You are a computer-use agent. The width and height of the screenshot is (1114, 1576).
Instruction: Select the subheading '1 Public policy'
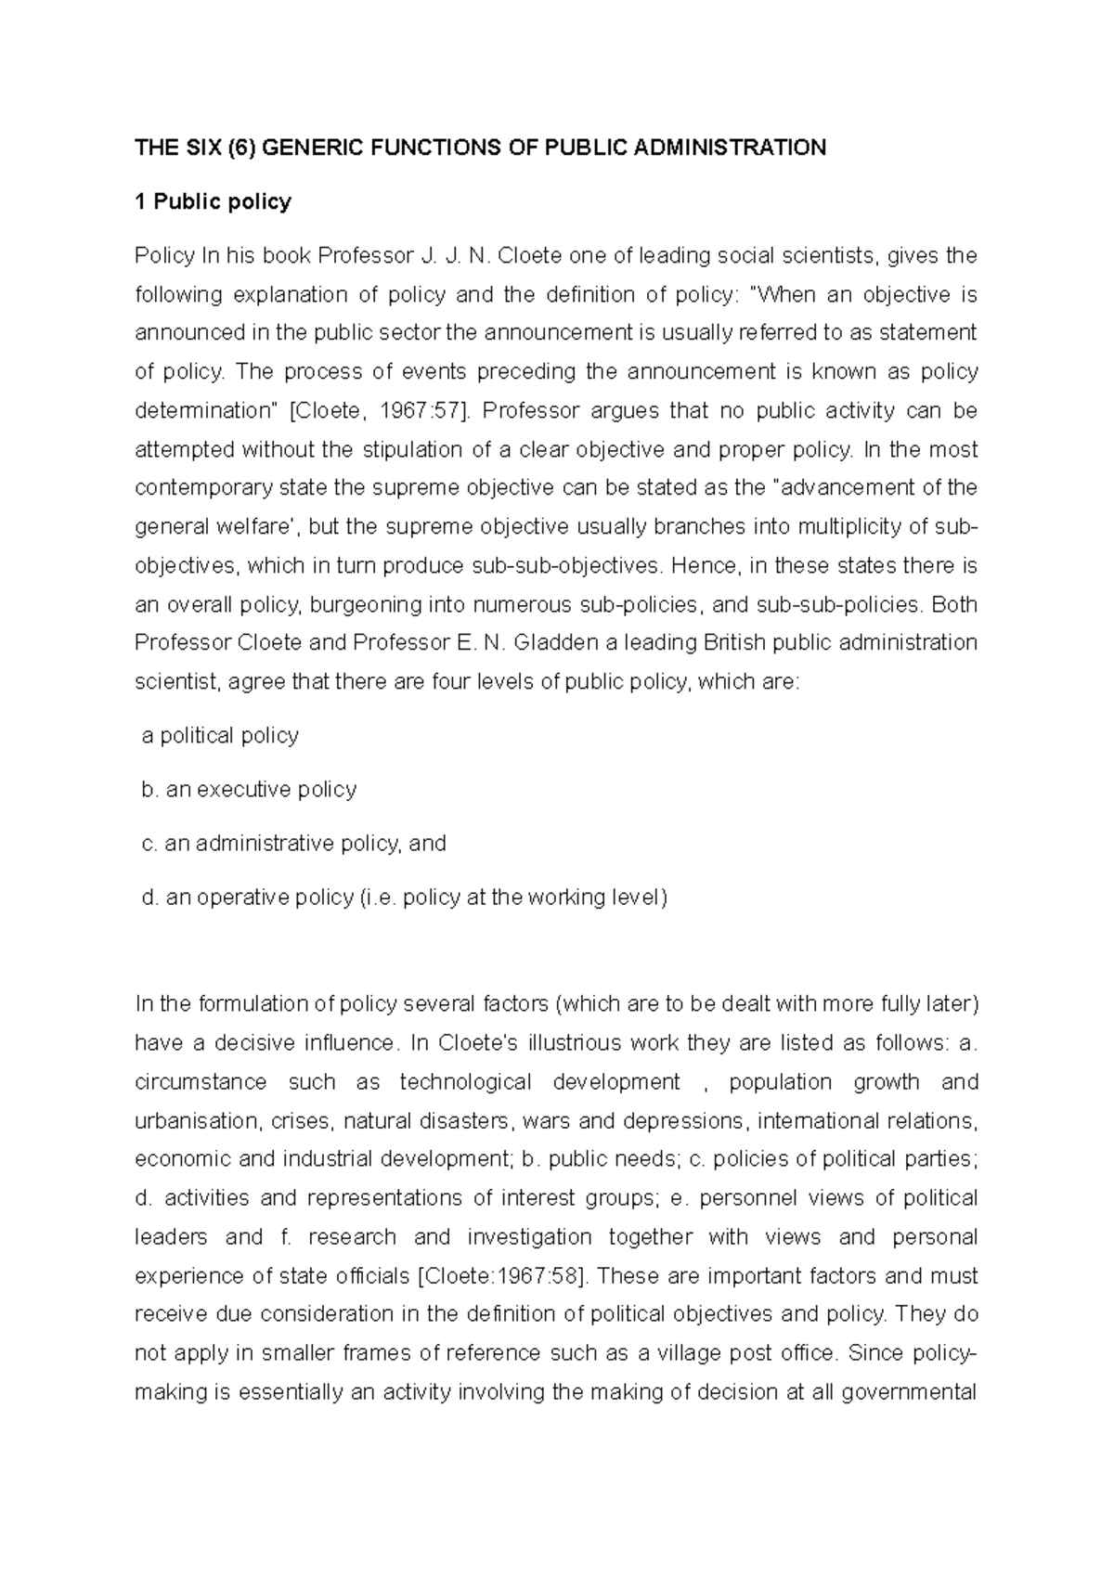coord(213,201)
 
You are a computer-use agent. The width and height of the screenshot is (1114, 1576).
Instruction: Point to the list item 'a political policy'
coord(220,736)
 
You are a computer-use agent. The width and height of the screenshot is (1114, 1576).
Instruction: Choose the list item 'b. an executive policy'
coord(249,790)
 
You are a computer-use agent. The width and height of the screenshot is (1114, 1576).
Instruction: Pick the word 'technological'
coord(465,1082)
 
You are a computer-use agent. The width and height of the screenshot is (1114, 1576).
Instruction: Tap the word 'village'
coord(689,1354)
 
